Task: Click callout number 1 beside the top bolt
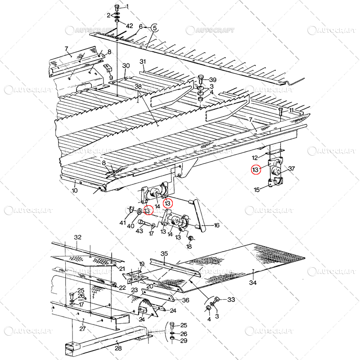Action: [126, 6]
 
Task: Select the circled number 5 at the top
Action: [154, 27]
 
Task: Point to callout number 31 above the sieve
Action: [143, 62]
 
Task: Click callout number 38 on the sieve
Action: [138, 86]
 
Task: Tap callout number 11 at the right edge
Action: [291, 110]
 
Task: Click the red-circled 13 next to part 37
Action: [256, 170]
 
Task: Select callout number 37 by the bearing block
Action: [291, 169]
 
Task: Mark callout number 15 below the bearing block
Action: [256, 190]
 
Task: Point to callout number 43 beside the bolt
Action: [139, 231]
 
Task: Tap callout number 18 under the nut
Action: [189, 246]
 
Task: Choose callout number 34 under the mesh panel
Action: [253, 283]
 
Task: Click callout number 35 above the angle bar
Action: [164, 254]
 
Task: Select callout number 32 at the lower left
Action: [78, 237]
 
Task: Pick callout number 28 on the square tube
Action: [118, 349]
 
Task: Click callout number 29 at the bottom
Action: [184, 341]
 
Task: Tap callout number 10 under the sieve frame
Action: [75, 190]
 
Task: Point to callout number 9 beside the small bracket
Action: [111, 77]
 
